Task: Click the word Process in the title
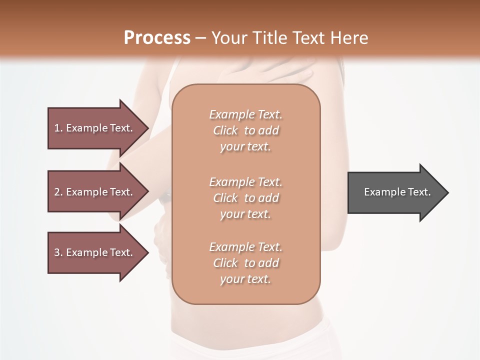[157, 37]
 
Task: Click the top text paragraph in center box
[245, 130]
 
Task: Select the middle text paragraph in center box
[245, 197]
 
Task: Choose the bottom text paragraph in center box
[245, 263]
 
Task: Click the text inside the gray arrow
[397, 192]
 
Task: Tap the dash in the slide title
[201, 38]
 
